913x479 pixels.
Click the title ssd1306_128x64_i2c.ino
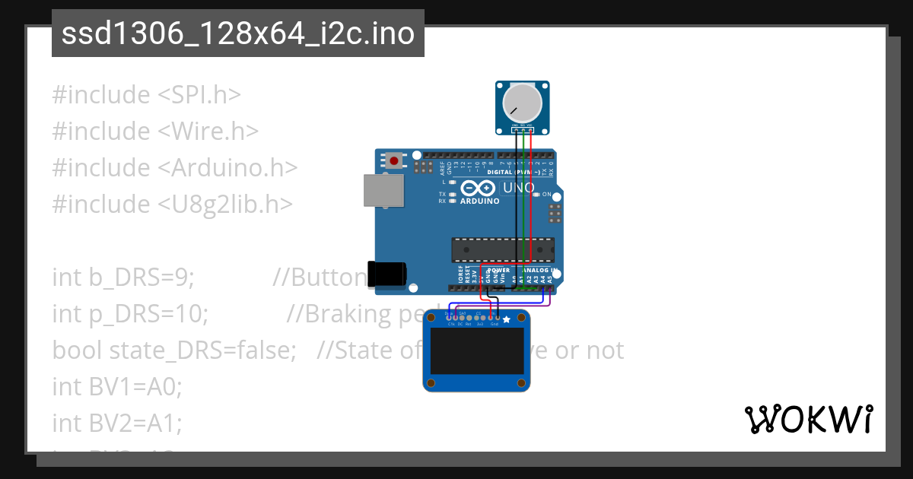[237, 34]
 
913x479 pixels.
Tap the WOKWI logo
[808, 419]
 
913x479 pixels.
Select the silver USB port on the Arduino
[383, 190]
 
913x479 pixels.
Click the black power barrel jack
[387, 274]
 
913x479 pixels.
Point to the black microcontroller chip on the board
[503, 249]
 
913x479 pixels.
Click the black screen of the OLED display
[476, 351]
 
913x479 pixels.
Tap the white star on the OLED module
[507, 320]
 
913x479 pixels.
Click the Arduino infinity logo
[479, 189]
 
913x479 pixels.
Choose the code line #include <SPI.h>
[146, 95]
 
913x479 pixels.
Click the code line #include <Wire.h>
[155, 132]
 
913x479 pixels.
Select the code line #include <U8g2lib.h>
[172, 205]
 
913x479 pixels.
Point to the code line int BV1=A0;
[117, 387]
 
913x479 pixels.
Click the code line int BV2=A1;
[117, 423]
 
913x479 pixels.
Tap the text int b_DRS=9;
[123, 278]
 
